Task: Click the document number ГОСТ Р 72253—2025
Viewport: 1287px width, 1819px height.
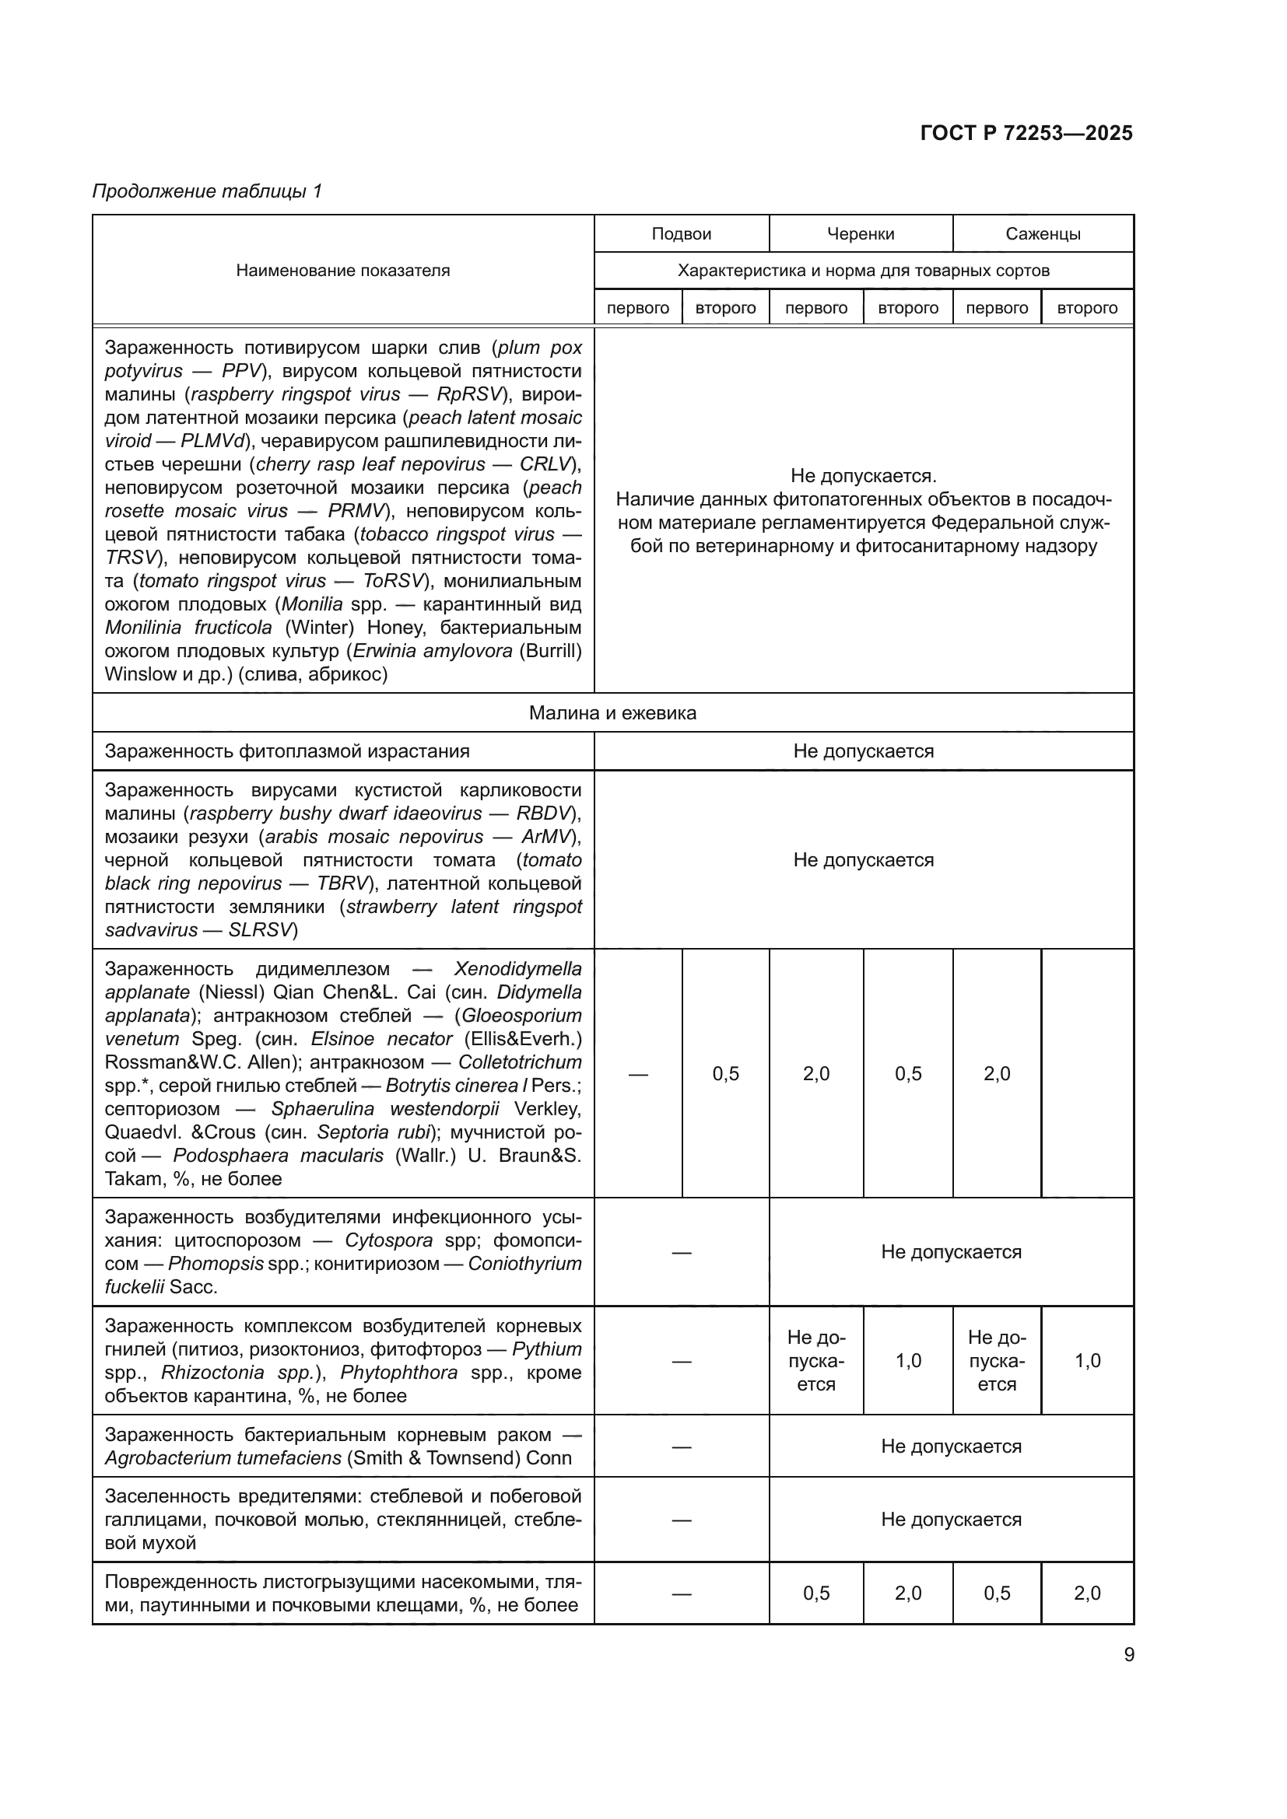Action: [x=1026, y=133]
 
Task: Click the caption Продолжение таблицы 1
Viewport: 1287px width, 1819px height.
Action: [x=207, y=191]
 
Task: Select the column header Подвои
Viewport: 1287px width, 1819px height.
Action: [x=681, y=234]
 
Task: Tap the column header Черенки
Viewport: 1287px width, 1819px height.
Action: [x=860, y=234]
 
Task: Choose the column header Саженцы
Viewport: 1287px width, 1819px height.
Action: [x=1042, y=234]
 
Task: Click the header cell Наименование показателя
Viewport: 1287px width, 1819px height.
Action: [x=342, y=270]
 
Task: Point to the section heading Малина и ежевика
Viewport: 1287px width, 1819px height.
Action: [x=612, y=713]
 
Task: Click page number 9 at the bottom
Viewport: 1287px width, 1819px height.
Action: [x=1128, y=1654]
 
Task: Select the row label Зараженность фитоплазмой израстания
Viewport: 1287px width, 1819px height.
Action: [x=287, y=751]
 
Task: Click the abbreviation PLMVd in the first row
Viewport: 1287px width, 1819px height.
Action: [x=215, y=440]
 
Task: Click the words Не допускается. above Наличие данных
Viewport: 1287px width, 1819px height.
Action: [x=863, y=475]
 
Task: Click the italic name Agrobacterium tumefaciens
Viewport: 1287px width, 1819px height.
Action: [x=223, y=1457]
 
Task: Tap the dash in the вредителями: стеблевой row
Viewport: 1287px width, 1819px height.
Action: [x=681, y=1520]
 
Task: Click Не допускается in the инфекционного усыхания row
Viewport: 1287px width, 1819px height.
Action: [x=950, y=1252]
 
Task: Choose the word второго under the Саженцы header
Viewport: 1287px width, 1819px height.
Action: [x=1086, y=308]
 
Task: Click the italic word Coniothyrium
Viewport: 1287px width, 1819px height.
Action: [x=524, y=1264]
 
